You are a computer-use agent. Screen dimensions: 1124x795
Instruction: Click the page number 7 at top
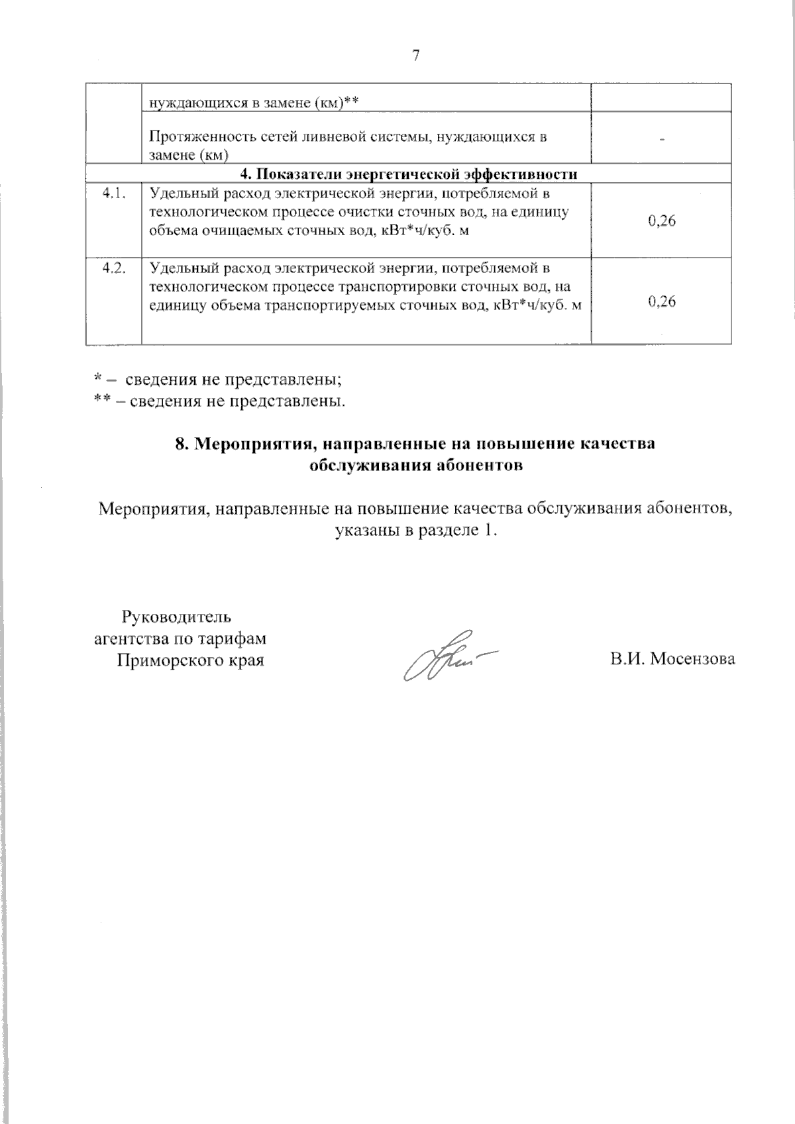(416, 56)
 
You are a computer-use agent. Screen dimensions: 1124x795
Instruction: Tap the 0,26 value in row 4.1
(662, 222)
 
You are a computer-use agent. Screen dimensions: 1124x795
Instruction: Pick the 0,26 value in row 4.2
(662, 302)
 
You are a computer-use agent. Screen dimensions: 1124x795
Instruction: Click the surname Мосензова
(692, 660)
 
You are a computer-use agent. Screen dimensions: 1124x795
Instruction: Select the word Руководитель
(176, 617)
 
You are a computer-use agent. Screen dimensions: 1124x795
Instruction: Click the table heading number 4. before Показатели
(246, 174)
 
